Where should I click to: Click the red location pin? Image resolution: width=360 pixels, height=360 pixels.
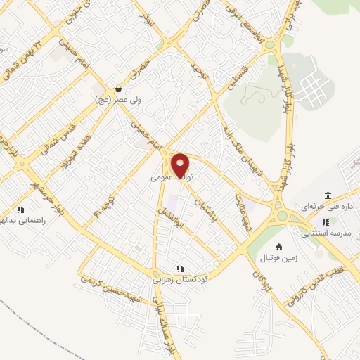[181, 165]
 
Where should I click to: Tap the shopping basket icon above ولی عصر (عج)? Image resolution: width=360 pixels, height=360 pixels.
[118, 89]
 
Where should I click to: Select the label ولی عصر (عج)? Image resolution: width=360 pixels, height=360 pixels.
[118, 101]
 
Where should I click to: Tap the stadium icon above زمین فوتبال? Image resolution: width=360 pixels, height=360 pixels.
[280, 247]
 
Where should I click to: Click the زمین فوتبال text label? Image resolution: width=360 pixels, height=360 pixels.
[280, 258]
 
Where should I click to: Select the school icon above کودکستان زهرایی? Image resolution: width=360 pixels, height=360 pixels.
[180, 268]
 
